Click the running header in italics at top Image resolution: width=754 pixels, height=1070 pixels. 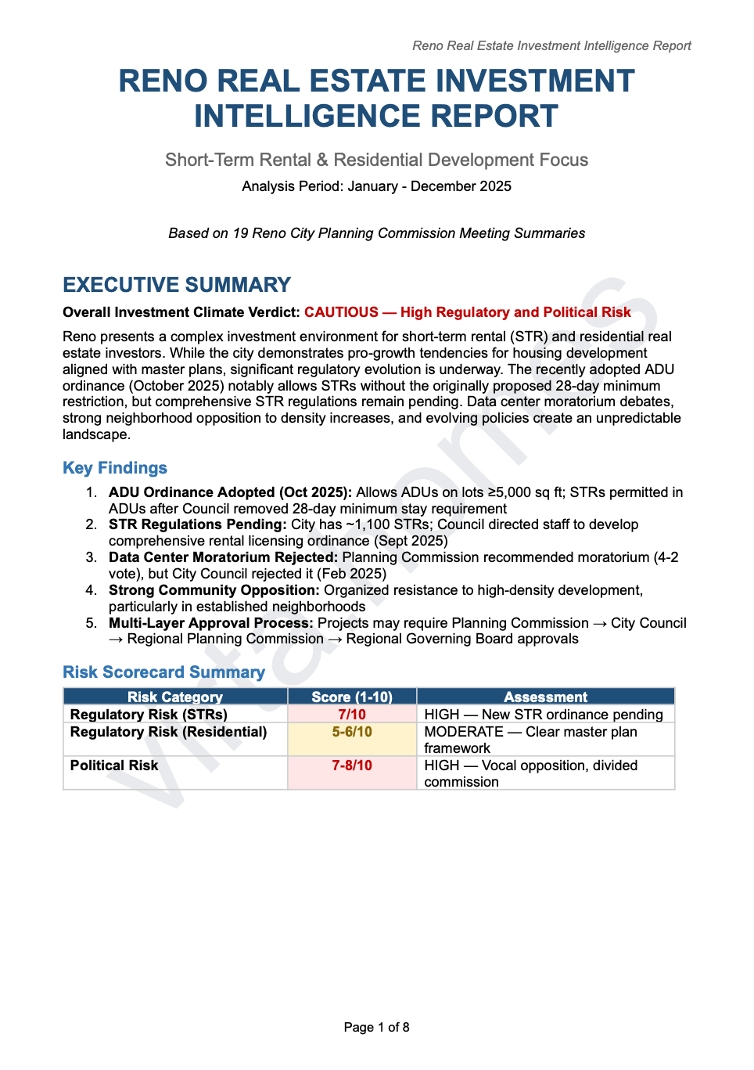(x=551, y=45)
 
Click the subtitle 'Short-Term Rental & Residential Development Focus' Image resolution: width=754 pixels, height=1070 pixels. (x=376, y=160)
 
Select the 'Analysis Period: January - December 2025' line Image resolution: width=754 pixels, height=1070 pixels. (x=376, y=186)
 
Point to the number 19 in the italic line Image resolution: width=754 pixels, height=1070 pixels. (x=240, y=233)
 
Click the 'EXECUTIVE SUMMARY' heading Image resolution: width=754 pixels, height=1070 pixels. (x=177, y=285)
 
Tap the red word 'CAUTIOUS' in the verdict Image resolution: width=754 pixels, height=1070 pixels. (x=341, y=312)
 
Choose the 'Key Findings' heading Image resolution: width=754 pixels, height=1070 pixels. (x=115, y=468)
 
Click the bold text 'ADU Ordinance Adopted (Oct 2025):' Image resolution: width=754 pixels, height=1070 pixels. (x=230, y=492)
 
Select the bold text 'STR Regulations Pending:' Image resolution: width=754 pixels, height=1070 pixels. (x=197, y=524)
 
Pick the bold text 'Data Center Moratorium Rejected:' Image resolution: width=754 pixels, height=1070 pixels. (x=223, y=557)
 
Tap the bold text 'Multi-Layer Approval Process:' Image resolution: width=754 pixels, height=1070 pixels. (x=210, y=623)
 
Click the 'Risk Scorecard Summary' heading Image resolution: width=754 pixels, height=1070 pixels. (x=163, y=672)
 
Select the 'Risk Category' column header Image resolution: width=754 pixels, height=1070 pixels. (x=175, y=697)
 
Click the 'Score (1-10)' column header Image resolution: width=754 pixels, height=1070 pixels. (x=352, y=697)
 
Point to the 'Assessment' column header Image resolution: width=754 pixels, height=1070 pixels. (x=545, y=697)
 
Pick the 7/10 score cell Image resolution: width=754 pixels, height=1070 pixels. (x=352, y=715)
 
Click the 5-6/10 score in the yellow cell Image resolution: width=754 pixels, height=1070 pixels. (x=352, y=732)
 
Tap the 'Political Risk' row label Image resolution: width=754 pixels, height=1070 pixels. (x=114, y=766)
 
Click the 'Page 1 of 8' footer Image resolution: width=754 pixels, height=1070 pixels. (x=376, y=1027)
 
